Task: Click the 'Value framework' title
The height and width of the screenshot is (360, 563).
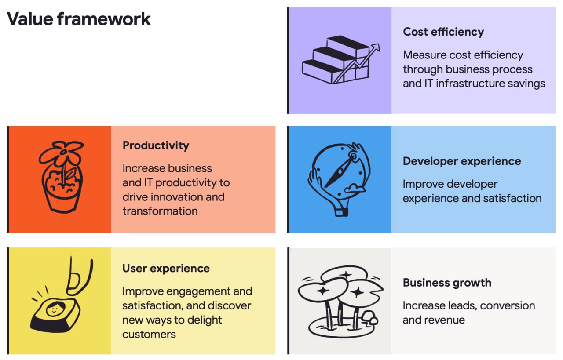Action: (79, 19)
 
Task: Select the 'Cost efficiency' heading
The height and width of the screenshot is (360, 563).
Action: (443, 32)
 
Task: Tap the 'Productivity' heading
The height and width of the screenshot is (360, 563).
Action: (156, 145)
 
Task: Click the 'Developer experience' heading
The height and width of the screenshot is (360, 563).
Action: (462, 161)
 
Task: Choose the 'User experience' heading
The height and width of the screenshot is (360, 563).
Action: (166, 269)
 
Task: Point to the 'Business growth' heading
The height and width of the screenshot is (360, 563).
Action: (447, 283)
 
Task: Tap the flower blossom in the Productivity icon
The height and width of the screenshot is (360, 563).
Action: (61, 153)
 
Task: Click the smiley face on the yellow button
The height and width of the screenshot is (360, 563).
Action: (55, 309)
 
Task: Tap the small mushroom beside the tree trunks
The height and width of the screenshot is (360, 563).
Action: (370, 318)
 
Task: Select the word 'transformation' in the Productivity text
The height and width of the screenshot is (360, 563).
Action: (160, 211)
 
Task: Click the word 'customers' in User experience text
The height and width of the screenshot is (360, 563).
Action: (149, 335)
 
